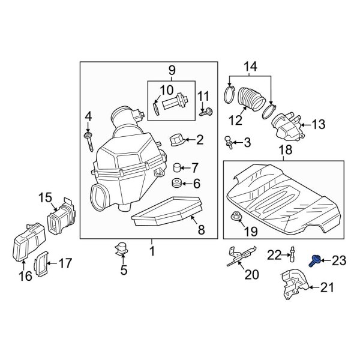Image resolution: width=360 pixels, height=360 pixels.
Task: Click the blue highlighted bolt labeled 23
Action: tap(314, 260)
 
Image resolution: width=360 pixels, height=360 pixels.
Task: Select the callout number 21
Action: tap(326, 289)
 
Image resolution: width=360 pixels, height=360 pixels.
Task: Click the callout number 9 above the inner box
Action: tap(172, 70)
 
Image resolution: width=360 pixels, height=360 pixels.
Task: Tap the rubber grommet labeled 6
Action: tap(177, 183)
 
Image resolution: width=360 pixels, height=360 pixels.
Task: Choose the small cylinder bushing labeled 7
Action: tap(177, 166)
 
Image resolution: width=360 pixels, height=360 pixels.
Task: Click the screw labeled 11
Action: tap(208, 111)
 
